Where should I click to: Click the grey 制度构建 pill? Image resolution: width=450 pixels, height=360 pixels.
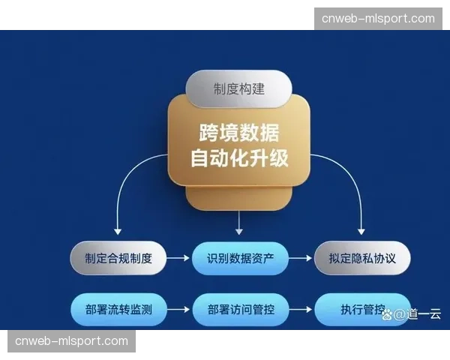[x=238, y=89]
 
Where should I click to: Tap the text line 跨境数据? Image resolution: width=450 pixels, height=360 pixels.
[x=238, y=133]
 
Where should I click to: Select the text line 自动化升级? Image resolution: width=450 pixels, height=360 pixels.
[x=238, y=159]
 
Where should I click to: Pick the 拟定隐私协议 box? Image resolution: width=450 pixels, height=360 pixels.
[x=362, y=259]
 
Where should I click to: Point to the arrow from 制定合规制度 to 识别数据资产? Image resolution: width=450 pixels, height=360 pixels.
[x=178, y=259]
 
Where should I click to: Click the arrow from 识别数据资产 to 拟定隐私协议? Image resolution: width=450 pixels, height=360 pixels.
[x=299, y=259]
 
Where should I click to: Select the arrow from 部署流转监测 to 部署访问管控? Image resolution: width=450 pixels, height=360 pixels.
[x=178, y=308]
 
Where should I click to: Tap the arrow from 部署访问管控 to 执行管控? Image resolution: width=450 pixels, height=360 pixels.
[x=299, y=308]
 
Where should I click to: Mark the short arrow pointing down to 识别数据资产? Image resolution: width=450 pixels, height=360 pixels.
[x=238, y=223]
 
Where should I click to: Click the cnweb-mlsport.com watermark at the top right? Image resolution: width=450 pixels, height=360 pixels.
[x=378, y=19]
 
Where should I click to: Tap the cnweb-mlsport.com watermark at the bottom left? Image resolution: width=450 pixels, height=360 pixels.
[x=72, y=341]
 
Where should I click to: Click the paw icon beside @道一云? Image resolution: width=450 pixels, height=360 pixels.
[x=388, y=313]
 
